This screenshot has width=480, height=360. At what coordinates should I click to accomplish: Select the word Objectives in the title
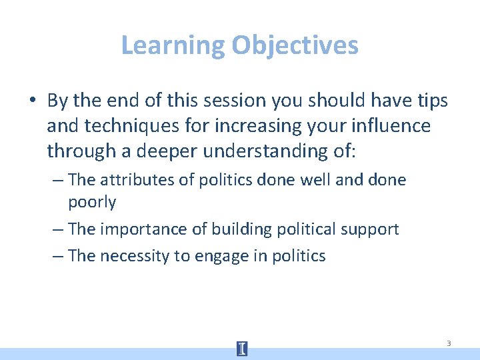point(295,45)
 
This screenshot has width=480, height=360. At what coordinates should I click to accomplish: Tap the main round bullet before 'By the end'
point(33,101)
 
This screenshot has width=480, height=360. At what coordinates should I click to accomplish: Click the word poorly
point(92,202)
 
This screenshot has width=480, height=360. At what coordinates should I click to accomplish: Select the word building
point(240,229)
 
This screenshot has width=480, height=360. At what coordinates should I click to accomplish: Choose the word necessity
point(136,256)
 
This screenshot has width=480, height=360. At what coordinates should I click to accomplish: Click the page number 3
point(449,343)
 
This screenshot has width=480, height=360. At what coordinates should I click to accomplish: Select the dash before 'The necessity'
point(57,256)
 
